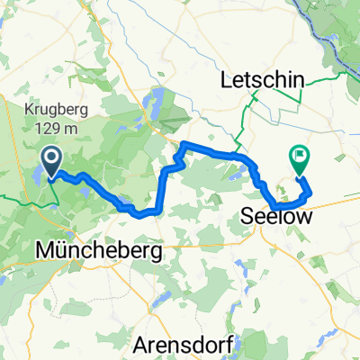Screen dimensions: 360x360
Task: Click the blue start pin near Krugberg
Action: coord(51,162)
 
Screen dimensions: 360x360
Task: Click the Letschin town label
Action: coord(261,82)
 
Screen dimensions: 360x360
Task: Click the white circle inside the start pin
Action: coord(51,159)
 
